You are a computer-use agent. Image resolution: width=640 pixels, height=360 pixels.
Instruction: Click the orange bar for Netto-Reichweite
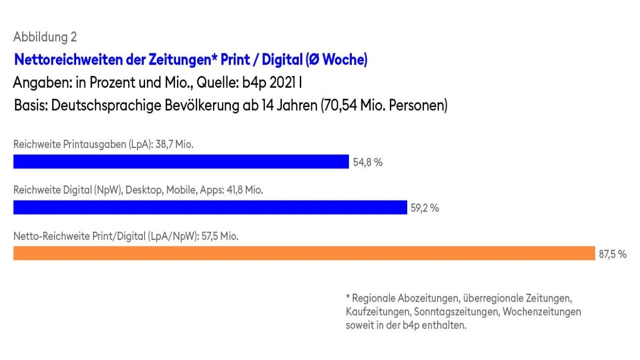304,253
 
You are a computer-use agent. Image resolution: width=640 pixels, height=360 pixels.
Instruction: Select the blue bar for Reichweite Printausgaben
181,162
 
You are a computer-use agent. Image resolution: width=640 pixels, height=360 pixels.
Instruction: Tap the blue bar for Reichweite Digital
210,208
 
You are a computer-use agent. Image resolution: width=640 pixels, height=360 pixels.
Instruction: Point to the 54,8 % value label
368,162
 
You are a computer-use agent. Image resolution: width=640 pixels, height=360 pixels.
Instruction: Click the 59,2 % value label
425,208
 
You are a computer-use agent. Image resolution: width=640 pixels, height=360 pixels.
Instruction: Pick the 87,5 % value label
613,254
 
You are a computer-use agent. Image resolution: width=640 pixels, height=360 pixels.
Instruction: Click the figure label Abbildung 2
45,37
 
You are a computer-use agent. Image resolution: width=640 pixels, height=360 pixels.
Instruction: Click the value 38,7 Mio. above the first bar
174,145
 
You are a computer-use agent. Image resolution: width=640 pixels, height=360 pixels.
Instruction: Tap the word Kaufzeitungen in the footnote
373,312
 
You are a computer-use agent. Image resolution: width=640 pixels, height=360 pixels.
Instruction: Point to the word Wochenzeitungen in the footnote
542,312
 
